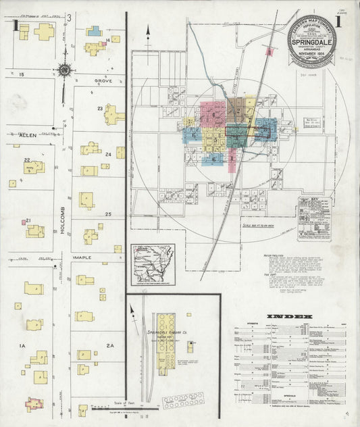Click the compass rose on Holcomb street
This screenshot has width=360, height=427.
(x=65, y=69)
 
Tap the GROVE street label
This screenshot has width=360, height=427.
(x=103, y=80)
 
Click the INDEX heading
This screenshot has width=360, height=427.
(x=288, y=316)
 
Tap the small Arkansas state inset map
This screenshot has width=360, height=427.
(x=153, y=261)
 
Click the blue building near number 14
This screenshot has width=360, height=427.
(x=94, y=31)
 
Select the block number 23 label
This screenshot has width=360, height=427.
(x=100, y=108)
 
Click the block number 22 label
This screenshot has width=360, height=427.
(x=27, y=160)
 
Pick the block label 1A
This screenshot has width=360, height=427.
(x=22, y=346)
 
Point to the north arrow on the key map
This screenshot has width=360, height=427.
(x=149, y=30)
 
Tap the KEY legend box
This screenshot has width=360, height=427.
(x=315, y=220)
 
